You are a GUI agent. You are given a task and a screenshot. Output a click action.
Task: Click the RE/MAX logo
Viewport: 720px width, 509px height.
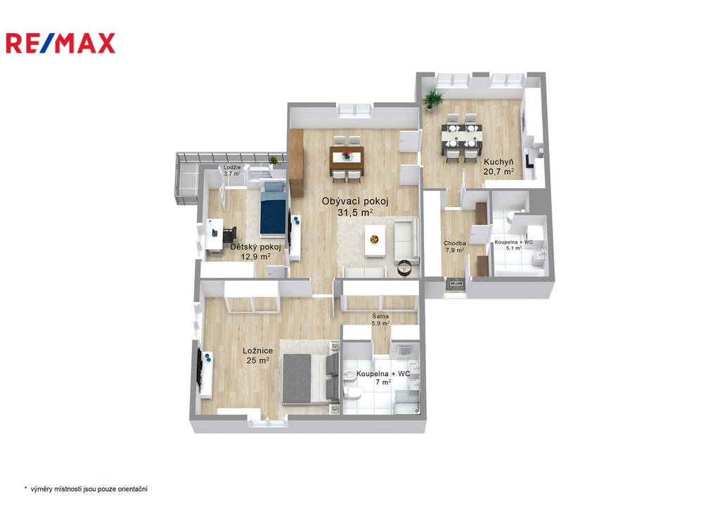[x=60, y=43]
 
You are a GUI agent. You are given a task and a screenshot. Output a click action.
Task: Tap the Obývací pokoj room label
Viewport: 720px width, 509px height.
[x=355, y=201]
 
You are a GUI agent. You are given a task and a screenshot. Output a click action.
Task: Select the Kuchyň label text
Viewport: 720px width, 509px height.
[x=499, y=162]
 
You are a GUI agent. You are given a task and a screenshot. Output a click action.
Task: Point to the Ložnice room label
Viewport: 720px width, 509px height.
[x=257, y=351]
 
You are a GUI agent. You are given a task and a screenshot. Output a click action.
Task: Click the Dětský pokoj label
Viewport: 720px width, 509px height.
[x=255, y=247]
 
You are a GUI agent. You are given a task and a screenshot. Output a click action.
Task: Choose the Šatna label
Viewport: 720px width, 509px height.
[x=380, y=316]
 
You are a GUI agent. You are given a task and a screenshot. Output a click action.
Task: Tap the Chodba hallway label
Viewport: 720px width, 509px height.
[x=455, y=243]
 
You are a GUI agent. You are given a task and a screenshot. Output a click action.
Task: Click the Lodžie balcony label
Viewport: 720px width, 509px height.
[x=232, y=168]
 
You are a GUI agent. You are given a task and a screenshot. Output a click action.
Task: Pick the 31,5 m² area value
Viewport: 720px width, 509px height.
[x=355, y=213]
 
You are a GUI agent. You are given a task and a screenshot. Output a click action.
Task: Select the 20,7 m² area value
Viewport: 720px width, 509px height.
[x=499, y=172]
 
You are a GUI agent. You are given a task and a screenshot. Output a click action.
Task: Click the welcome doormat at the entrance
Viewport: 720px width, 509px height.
[x=456, y=284]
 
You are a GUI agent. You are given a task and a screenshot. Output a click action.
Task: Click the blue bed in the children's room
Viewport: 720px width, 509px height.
[x=274, y=209]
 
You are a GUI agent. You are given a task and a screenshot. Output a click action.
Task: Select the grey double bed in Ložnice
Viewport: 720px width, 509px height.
[x=310, y=379]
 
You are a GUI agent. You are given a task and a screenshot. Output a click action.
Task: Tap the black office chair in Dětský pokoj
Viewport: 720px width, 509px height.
[x=229, y=234]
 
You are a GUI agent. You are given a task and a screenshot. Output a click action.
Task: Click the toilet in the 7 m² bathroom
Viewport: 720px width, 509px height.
[x=352, y=392]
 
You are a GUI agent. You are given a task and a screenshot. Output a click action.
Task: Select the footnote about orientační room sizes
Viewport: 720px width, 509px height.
[x=86, y=489]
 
